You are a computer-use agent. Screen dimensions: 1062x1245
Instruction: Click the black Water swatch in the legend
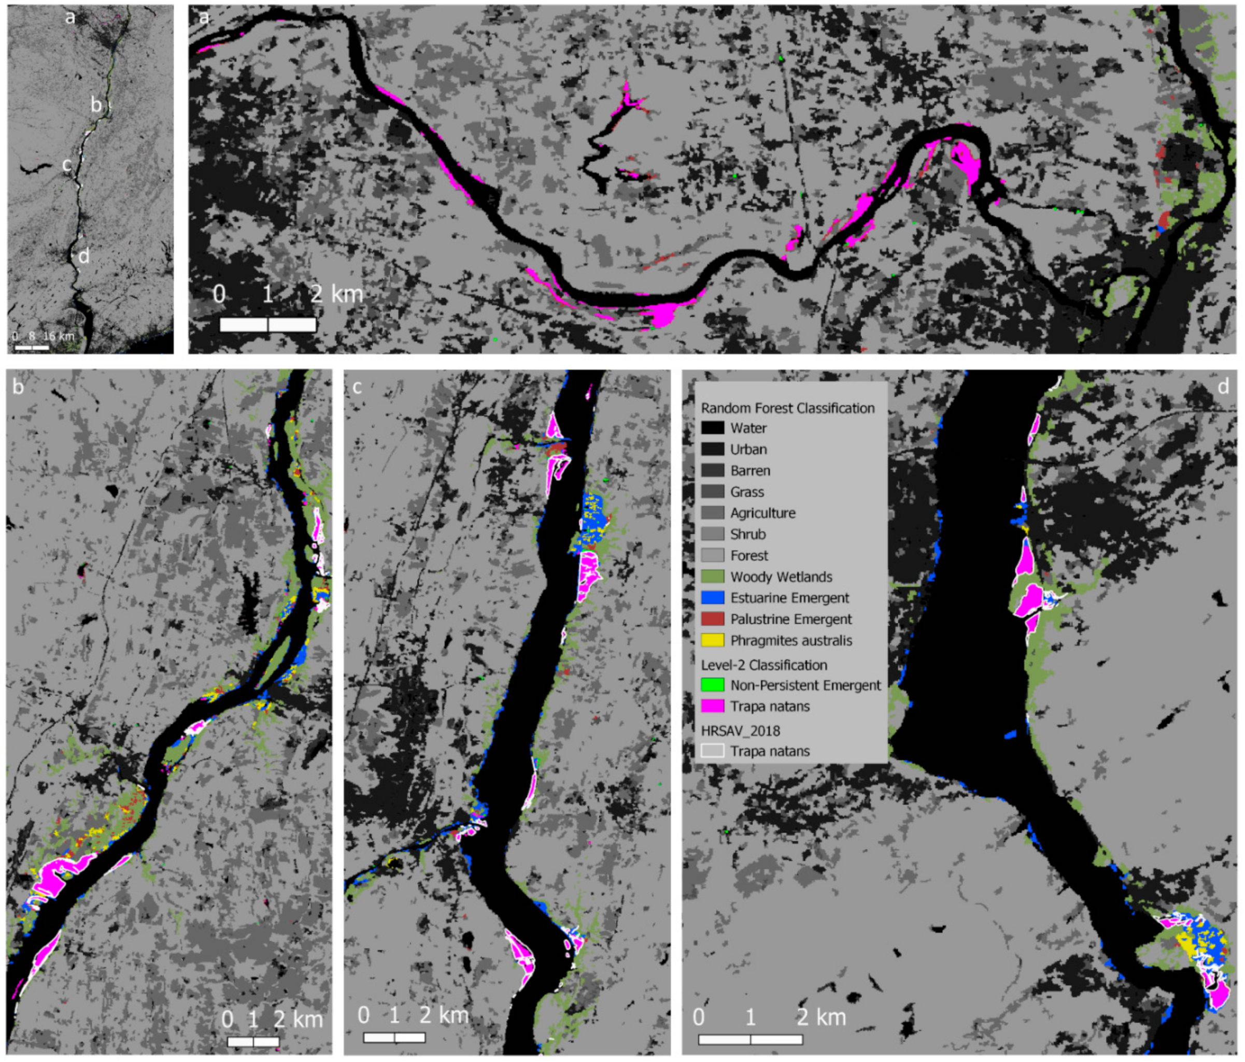point(712,428)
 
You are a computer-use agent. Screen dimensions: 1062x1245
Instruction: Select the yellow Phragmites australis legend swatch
point(712,640)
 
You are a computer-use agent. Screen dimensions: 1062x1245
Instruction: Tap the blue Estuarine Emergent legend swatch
point(712,598)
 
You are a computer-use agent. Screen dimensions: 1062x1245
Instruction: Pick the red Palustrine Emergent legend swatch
point(712,619)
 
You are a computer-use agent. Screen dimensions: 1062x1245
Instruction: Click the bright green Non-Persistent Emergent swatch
point(712,685)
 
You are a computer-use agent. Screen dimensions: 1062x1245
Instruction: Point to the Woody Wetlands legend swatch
point(712,577)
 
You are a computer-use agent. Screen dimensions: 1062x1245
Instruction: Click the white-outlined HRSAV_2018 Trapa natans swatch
point(712,751)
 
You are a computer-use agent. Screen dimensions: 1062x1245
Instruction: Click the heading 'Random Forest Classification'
point(787,408)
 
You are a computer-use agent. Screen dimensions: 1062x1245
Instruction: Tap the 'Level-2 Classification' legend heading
point(763,665)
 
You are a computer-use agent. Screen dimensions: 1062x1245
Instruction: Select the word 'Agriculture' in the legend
point(762,513)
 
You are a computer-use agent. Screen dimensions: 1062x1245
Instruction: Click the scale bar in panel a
point(268,324)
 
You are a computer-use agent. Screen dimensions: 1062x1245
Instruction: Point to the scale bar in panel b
point(253,1042)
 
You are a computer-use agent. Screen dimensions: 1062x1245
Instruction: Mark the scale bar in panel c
point(394,1037)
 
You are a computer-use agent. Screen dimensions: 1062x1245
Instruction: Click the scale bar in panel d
point(751,1040)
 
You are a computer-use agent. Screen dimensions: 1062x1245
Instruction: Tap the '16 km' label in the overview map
point(58,336)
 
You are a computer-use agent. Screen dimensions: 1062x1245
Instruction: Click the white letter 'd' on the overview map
point(84,256)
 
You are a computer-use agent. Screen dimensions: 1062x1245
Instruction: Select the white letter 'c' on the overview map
point(67,165)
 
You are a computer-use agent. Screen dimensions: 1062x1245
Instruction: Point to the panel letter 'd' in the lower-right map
point(1223,386)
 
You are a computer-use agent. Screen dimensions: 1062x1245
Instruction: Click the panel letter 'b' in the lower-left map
point(18,386)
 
